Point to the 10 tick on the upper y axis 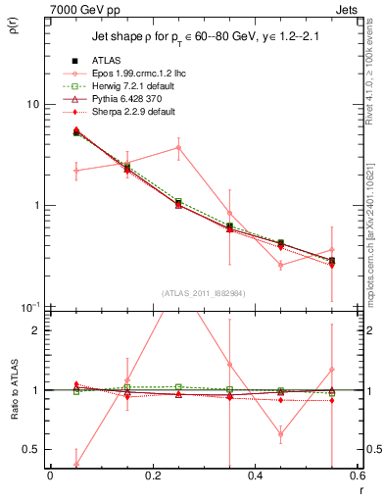pos(31,104)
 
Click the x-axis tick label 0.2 pos(152,477)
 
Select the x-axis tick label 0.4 pos(255,477)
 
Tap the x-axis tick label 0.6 pos(356,477)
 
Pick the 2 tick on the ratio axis pos(36,330)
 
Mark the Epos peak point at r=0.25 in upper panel pos(178,148)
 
